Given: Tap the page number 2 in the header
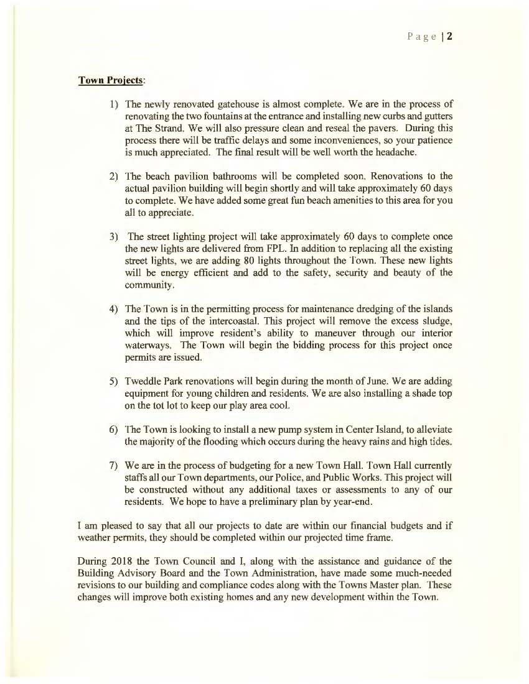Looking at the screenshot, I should click(x=449, y=35).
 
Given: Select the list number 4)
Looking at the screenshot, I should click(x=114, y=308).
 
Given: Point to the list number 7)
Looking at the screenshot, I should click(x=114, y=465).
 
